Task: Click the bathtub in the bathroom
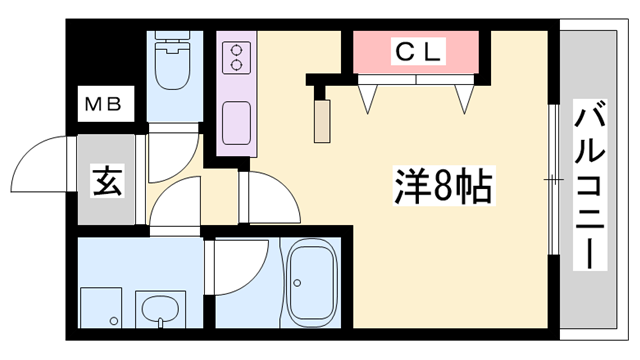(x=316, y=281)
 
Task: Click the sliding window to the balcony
(x=552, y=180)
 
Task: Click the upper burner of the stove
(x=238, y=48)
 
